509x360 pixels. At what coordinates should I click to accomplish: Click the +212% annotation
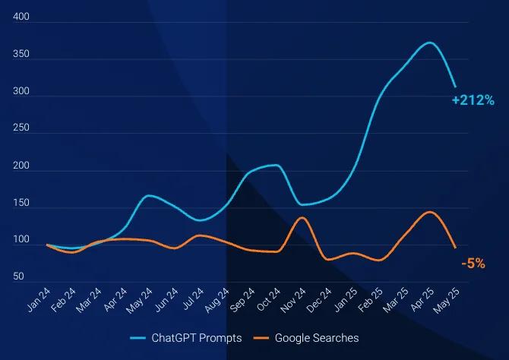pyautogui.click(x=473, y=100)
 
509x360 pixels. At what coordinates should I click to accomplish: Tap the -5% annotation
pyautogui.click(x=473, y=264)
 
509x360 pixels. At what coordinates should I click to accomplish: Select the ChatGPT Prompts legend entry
pyautogui.click(x=196, y=337)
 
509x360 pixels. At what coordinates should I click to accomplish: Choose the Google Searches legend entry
pyautogui.click(x=316, y=337)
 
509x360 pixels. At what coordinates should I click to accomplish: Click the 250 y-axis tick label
pyautogui.click(x=21, y=128)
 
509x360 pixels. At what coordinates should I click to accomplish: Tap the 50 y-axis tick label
pyautogui.click(x=18, y=276)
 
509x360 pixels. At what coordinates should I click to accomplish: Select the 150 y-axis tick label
pyautogui.click(x=21, y=203)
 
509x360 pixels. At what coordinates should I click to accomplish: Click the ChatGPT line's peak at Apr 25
pyautogui.click(x=430, y=43)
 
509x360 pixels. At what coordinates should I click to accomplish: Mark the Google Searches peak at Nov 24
pyautogui.click(x=302, y=218)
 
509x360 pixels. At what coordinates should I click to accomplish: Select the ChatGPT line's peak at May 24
pyautogui.click(x=149, y=196)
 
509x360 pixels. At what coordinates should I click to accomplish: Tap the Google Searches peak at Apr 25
pyautogui.click(x=430, y=212)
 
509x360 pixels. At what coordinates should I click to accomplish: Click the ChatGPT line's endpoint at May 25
pyautogui.click(x=455, y=87)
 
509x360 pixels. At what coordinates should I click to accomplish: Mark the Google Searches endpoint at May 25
pyautogui.click(x=455, y=248)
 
